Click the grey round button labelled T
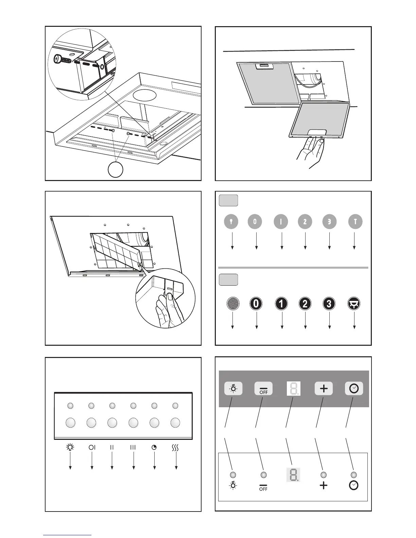click(x=355, y=222)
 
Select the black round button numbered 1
click(x=281, y=303)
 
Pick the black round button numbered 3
click(x=329, y=303)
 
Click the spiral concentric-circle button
click(x=233, y=303)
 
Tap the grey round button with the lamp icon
click(x=231, y=222)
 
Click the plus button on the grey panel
click(x=324, y=389)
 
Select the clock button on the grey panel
click(x=354, y=389)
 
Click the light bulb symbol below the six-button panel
click(x=70, y=447)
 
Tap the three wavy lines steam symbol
click(x=175, y=447)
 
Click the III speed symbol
click(x=133, y=447)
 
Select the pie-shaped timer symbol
click(x=154, y=447)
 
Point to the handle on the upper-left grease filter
click(x=264, y=67)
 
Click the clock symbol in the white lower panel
click(x=354, y=485)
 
